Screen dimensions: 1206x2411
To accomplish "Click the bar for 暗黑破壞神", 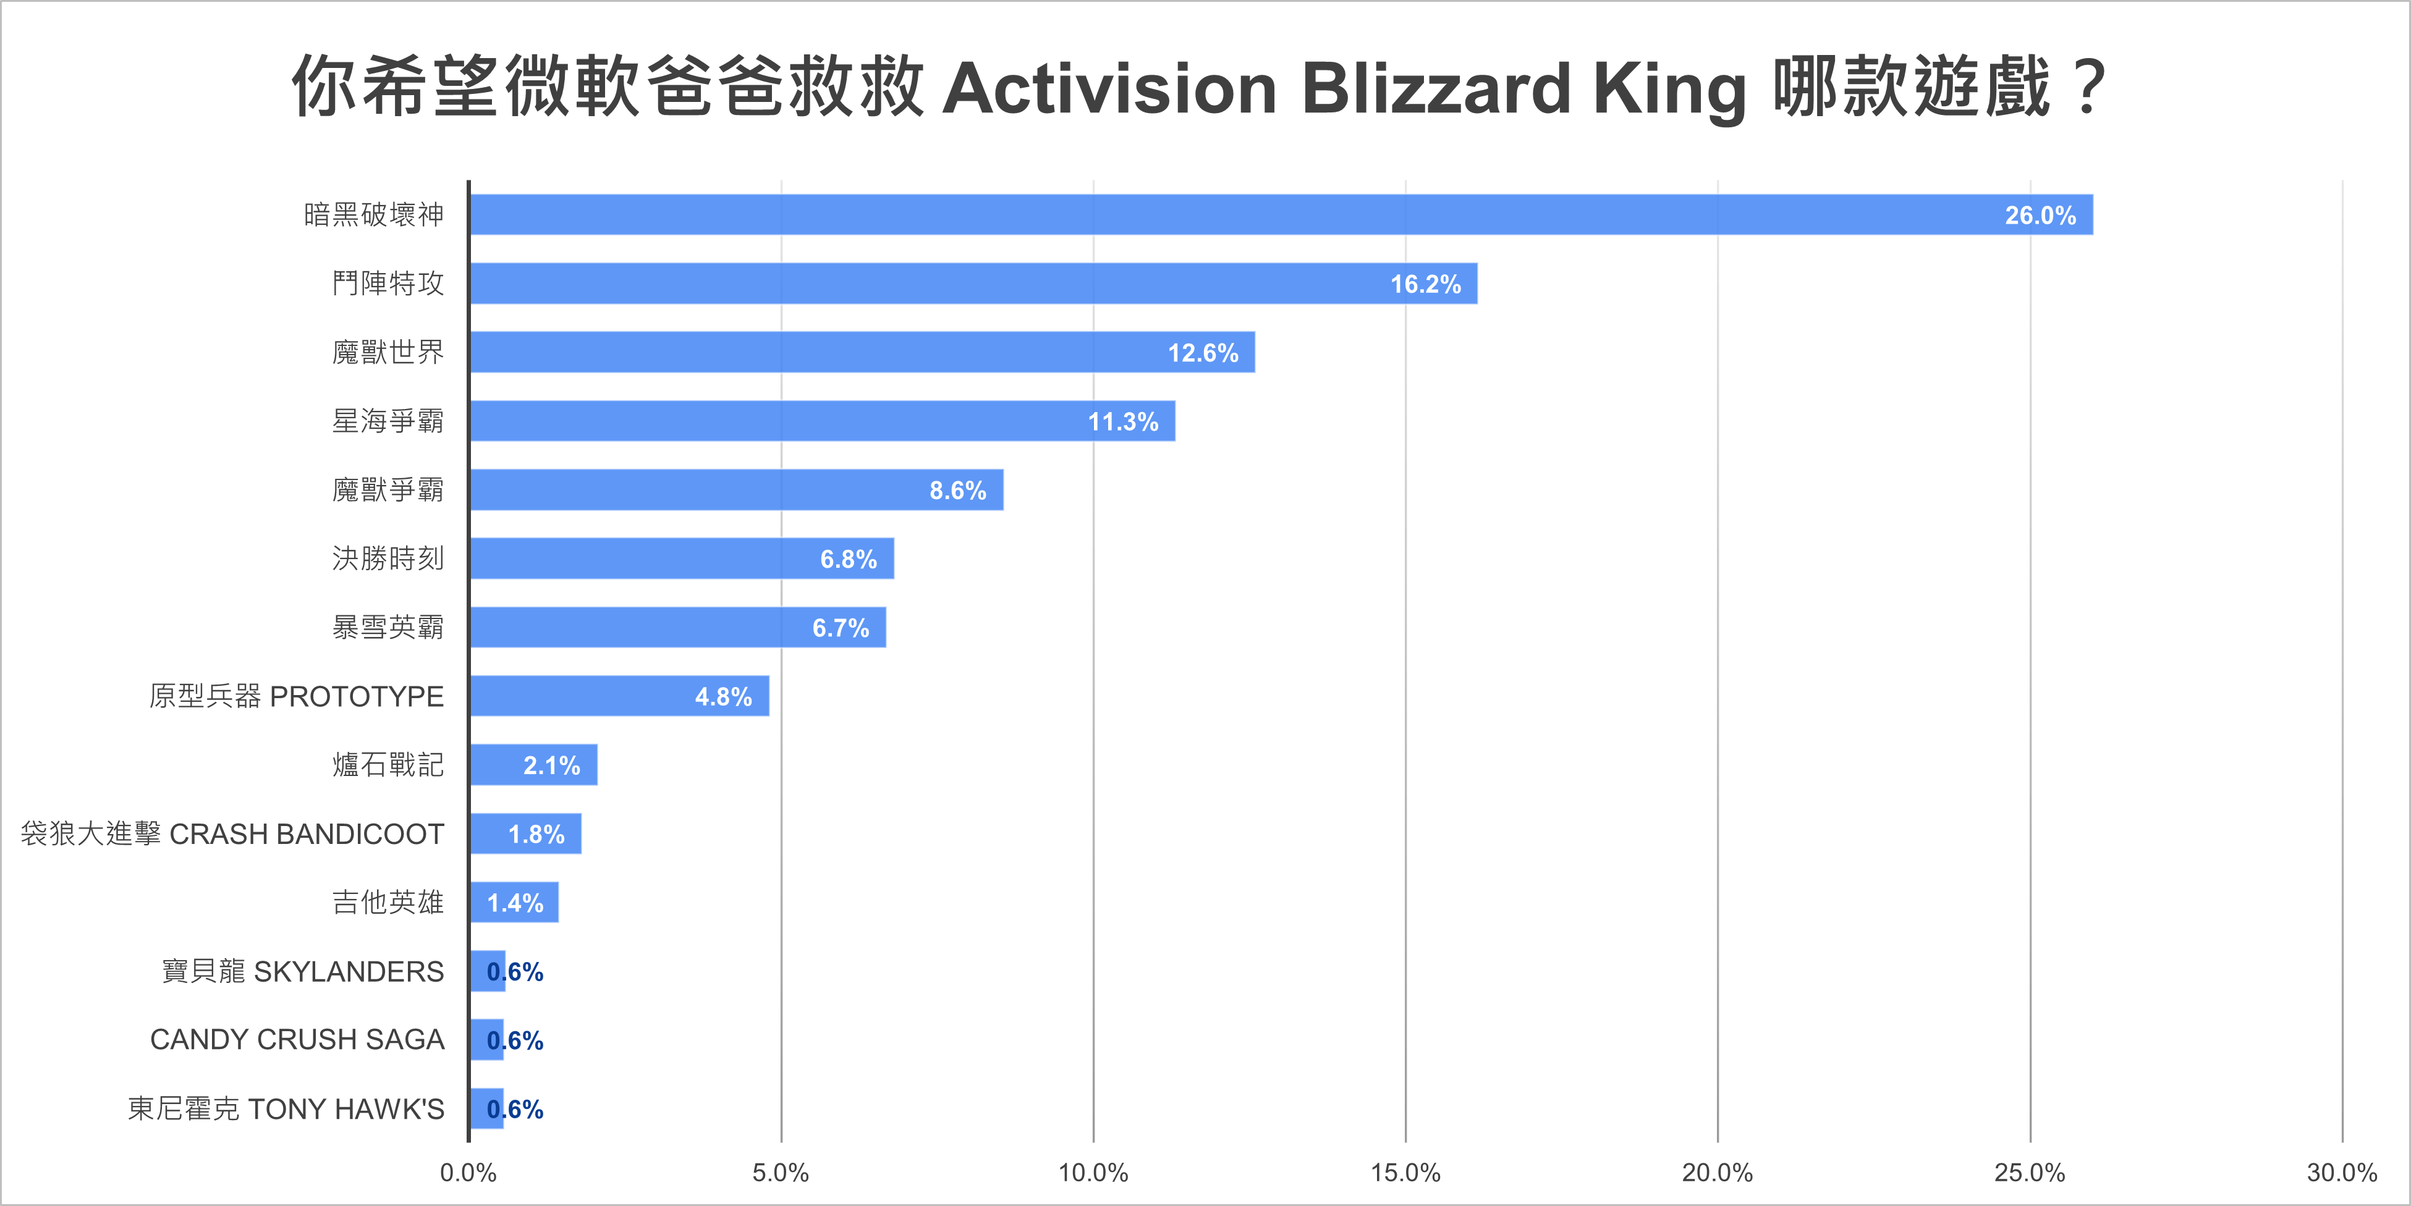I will point(1281,215).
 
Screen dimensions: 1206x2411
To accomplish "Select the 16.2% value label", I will point(1425,284).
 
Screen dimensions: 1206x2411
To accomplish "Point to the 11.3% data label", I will point(1122,422).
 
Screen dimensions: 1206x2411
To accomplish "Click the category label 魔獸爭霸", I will point(388,491).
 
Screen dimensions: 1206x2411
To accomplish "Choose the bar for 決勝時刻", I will point(681,559).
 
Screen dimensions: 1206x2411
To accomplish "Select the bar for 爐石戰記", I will point(533,765).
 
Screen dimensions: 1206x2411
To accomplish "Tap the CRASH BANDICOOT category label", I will point(306,835).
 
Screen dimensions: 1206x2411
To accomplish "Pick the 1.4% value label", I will point(515,903).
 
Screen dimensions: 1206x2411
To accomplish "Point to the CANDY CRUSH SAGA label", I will point(297,1040).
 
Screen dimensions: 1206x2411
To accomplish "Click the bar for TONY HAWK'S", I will point(486,1109).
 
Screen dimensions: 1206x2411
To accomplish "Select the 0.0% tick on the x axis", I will point(468,1173).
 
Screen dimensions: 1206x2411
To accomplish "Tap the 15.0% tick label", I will point(1405,1173).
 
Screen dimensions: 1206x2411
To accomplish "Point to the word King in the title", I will point(1670,89).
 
